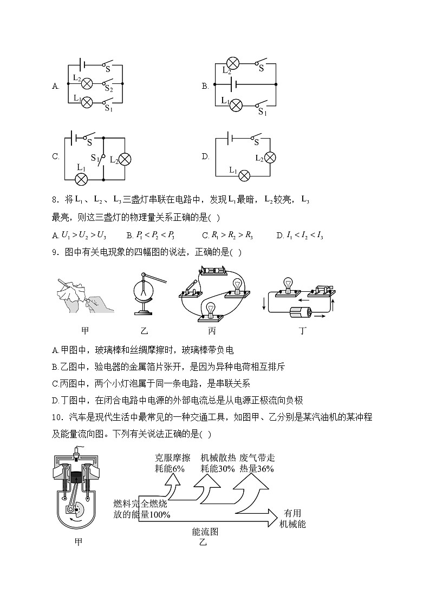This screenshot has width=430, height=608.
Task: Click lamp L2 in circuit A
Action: (86, 83)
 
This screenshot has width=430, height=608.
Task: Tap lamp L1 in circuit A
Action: (86, 101)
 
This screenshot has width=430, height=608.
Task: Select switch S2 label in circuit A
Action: (108, 88)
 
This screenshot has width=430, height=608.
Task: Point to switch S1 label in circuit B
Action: (263, 112)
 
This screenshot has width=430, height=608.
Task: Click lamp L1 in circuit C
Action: (81, 178)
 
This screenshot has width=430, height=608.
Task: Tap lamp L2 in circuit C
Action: (125, 159)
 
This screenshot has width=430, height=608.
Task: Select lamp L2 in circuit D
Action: (269, 158)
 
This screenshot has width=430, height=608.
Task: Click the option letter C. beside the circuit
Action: (55, 157)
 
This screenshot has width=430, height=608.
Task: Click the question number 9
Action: (54, 252)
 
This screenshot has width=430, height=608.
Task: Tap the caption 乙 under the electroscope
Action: (144, 330)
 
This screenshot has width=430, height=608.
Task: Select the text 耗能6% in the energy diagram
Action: (170, 469)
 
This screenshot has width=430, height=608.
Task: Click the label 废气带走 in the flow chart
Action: (256, 458)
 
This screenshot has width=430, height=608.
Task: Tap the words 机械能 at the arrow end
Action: (292, 524)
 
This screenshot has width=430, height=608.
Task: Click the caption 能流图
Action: (205, 532)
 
